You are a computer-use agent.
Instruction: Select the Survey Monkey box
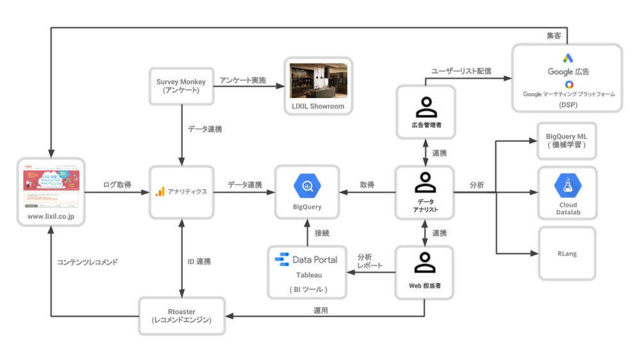pyautogui.click(x=181, y=86)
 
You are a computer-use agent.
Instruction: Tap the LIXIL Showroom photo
pyautogui.click(x=319, y=80)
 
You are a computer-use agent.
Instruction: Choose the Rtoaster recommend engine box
pyautogui.click(x=182, y=315)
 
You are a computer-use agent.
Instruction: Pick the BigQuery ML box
pyautogui.click(x=567, y=141)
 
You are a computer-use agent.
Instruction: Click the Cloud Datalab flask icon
pyautogui.click(x=567, y=186)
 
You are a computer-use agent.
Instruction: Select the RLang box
pyautogui.click(x=567, y=253)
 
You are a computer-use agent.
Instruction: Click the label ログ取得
pyautogui.click(x=117, y=185)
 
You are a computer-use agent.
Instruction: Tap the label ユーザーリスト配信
pyautogui.click(x=462, y=71)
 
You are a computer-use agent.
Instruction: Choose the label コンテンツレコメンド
pyautogui.click(x=87, y=262)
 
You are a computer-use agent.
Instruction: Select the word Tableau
pyautogui.click(x=308, y=275)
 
